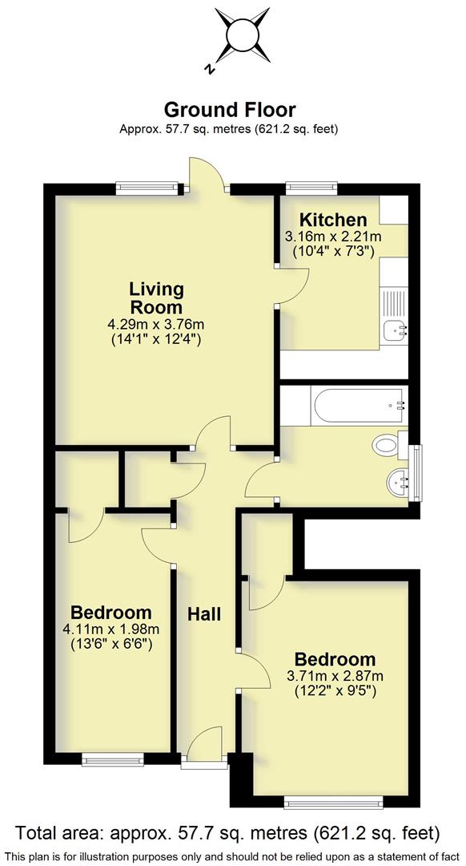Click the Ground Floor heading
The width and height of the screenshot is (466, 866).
click(x=230, y=110)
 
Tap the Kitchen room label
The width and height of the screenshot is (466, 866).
click(x=333, y=220)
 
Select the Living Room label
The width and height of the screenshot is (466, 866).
click(x=157, y=297)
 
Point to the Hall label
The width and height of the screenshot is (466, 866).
click(x=204, y=615)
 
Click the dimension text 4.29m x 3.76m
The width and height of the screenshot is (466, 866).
click(x=157, y=324)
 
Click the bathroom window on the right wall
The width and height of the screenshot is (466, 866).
click(x=415, y=473)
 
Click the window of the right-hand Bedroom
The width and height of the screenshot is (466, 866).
click(x=335, y=800)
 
